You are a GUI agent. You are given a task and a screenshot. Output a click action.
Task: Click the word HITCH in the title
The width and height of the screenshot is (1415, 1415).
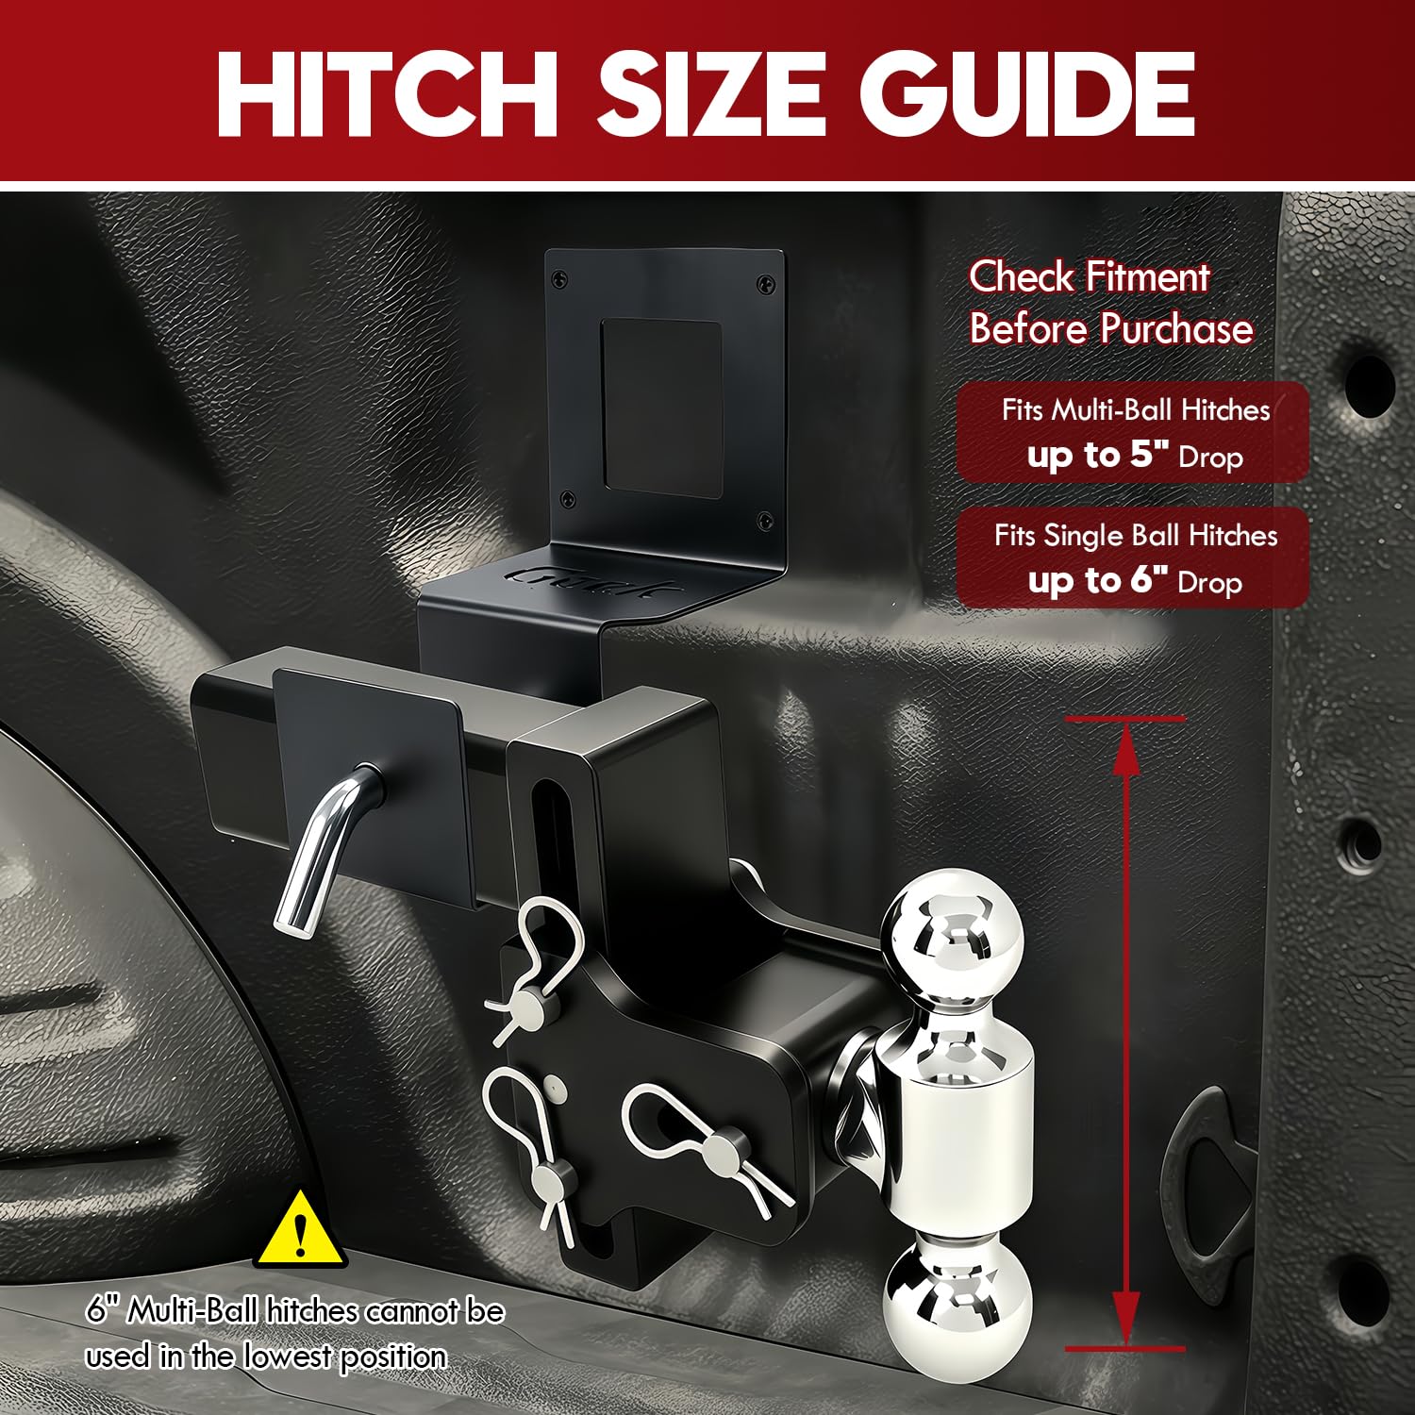388,93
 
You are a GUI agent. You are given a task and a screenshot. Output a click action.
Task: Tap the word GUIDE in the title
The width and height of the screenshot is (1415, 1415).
1027,93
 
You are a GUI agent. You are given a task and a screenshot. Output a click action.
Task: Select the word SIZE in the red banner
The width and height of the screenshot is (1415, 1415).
708,93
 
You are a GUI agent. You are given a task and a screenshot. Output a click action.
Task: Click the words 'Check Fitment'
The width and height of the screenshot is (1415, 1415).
1089,277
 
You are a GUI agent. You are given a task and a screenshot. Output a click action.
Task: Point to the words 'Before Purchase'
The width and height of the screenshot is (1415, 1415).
1111,328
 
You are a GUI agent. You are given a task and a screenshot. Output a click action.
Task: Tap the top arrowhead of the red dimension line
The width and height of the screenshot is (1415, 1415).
1125,750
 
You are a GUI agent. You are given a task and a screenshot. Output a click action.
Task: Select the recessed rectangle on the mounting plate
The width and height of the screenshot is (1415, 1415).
661,408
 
